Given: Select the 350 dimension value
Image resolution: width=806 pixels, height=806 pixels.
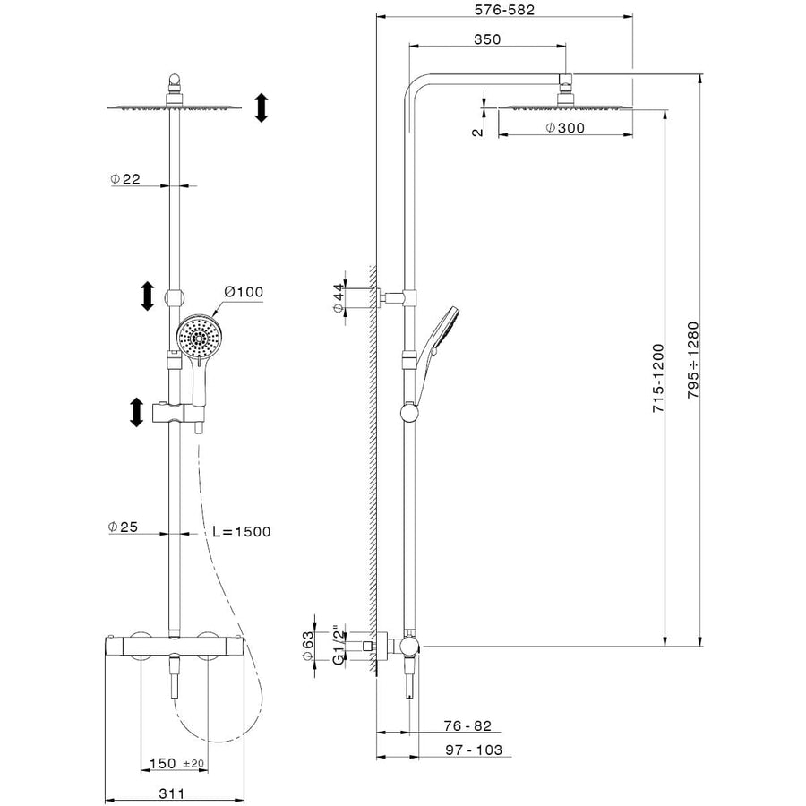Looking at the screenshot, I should (x=487, y=39).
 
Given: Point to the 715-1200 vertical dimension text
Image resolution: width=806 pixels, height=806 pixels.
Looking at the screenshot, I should (x=659, y=377).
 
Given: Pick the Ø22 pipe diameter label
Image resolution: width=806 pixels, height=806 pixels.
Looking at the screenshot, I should (x=125, y=179).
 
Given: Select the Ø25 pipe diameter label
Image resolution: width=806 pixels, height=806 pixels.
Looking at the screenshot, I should (x=125, y=527).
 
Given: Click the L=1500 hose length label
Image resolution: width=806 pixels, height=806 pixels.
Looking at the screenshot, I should (x=241, y=532).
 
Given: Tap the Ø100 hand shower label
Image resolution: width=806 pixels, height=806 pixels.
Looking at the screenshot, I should (x=244, y=292).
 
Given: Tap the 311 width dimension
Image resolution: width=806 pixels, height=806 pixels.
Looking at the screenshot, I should (x=172, y=792).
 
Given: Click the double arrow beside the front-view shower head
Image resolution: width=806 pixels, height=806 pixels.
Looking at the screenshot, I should (x=261, y=107).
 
